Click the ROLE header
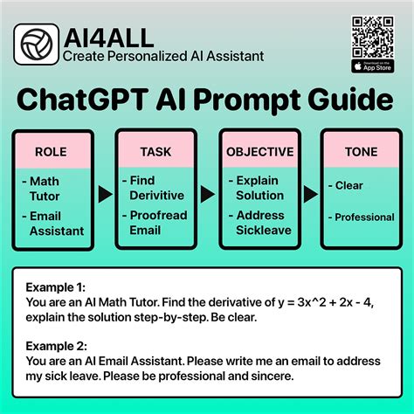click(50, 152)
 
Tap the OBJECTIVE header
click(259, 152)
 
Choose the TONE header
click(360, 152)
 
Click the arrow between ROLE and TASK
click(105, 194)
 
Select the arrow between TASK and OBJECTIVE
click(208, 194)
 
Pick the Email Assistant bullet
click(54, 224)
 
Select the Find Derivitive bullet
click(155, 188)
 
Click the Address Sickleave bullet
click(259, 223)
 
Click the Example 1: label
click(56, 286)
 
